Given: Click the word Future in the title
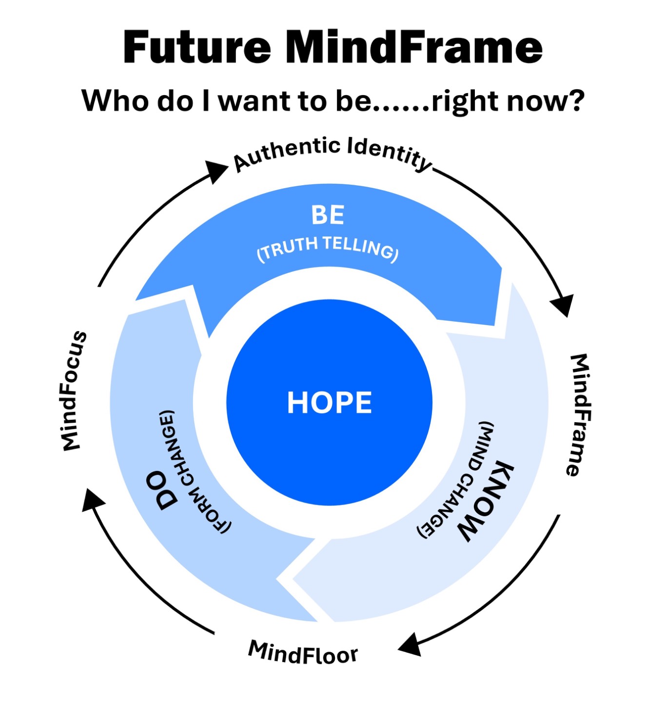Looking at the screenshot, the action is coord(196,47).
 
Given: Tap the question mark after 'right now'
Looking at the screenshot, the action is coord(575,100).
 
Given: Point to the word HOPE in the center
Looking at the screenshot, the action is coord(329,402).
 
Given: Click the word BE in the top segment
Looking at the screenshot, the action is coord(328,215).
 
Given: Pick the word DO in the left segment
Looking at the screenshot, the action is coord(167,490).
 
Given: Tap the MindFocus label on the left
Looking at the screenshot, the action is coord(74,391).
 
